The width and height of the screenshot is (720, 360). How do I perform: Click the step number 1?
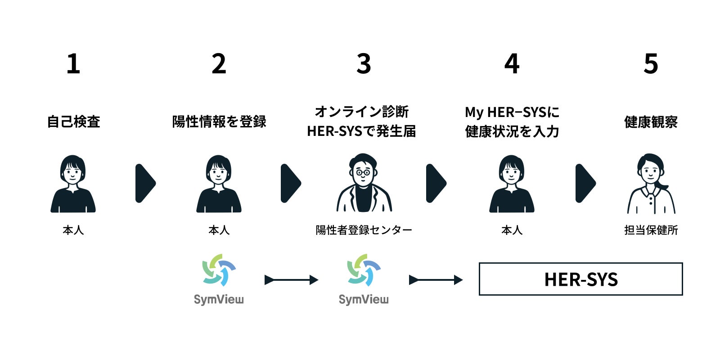(73, 64)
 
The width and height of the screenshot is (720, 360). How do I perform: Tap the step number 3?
(364, 64)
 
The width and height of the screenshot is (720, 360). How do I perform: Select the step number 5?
(651, 64)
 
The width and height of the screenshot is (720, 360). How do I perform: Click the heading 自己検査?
(73, 121)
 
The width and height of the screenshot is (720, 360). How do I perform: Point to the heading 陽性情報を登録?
(219, 121)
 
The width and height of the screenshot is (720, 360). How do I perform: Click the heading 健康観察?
(651, 121)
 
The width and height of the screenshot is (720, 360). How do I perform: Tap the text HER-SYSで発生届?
(361, 131)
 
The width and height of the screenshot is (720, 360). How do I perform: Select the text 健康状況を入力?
(512, 131)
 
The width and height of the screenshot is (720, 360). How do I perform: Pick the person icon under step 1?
(73, 184)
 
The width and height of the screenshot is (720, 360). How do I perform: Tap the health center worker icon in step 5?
(651, 184)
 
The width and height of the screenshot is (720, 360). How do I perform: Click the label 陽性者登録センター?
(364, 230)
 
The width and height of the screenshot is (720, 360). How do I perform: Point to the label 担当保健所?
(651, 230)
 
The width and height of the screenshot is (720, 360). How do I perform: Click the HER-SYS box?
(580, 279)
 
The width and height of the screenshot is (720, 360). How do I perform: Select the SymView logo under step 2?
(219, 279)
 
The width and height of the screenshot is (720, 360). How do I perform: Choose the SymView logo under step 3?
(364, 279)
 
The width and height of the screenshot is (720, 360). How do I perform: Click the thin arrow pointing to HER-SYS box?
(436, 280)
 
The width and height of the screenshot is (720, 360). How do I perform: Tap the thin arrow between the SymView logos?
(291, 280)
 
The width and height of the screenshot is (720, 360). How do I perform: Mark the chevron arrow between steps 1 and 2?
(145, 183)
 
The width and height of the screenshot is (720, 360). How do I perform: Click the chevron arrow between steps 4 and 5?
(585, 183)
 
